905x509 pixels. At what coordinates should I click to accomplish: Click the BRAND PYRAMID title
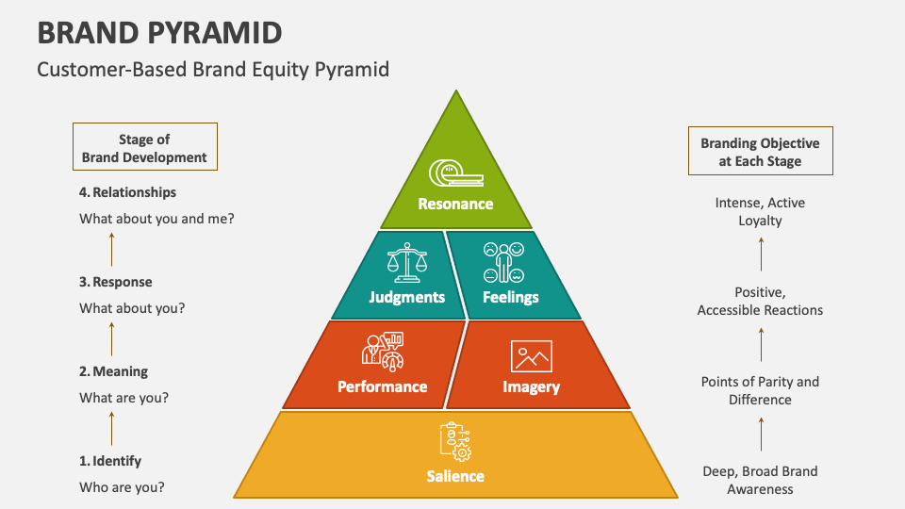click(x=159, y=32)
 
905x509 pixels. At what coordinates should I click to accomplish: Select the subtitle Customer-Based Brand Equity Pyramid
click(x=212, y=70)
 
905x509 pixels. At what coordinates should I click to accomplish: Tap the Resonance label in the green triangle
click(x=455, y=204)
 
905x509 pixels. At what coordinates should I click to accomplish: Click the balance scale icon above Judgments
click(x=407, y=263)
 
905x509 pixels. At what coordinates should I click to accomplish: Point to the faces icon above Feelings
click(x=503, y=263)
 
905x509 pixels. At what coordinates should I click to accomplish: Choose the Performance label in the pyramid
click(x=382, y=386)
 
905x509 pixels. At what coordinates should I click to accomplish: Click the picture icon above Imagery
click(x=531, y=356)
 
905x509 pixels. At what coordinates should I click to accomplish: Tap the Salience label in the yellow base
click(x=455, y=476)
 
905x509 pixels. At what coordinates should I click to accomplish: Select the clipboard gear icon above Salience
click(x=455, y=440)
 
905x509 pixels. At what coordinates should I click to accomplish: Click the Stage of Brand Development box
click(x=144, y=148)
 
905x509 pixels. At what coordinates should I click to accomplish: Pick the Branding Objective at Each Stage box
click(x=760, y=152)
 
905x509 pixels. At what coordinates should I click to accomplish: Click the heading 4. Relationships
click(x=127, y=192)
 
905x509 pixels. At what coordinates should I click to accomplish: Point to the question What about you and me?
click(x=156, y=219)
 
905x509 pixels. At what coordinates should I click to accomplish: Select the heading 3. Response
click(x=115, y=282)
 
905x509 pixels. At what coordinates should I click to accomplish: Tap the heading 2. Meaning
click(x=113, y=371)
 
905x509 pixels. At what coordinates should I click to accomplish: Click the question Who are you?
click(x=122, y=487)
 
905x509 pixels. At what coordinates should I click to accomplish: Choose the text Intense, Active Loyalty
click(x=760, y=211)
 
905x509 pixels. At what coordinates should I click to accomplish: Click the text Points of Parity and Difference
click(x=760, y=390)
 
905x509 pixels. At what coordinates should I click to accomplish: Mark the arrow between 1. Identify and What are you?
click(x=112, y=428)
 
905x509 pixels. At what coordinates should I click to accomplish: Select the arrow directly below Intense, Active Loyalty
click(x=761, y=254)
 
